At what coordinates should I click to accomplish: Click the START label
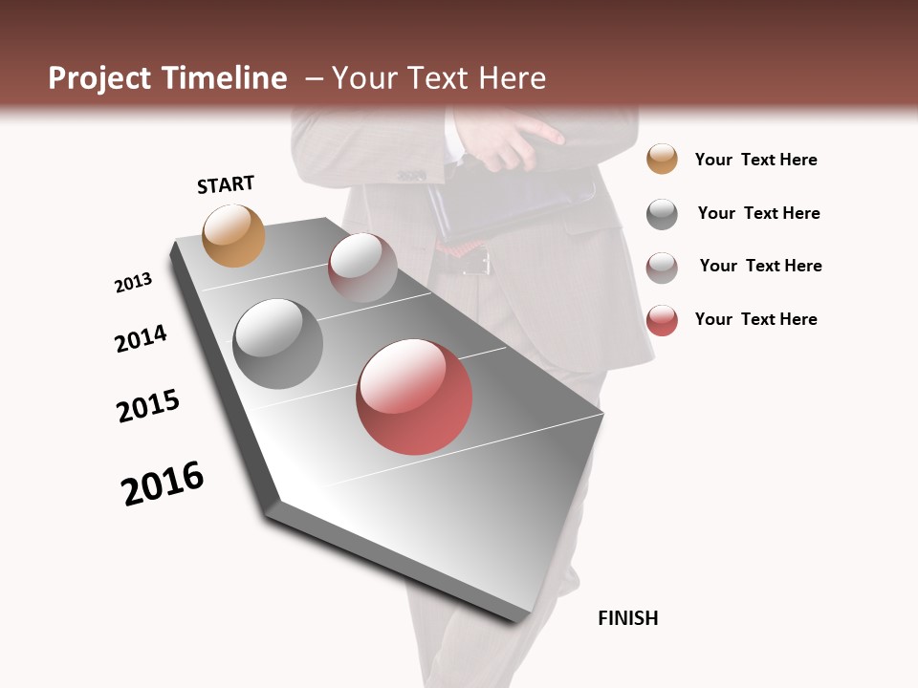coord(226,184)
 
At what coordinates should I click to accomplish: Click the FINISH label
coord(627,618)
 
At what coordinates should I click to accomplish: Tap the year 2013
coord(133,283)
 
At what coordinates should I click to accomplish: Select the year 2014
coord(141,338)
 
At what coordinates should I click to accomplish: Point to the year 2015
coord(148,405)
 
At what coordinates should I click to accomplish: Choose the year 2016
coord(163,484)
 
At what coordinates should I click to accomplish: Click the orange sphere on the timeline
coord(233,235)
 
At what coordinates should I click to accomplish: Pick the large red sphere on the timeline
coord(414,397)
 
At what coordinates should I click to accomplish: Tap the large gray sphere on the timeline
coord(278,343)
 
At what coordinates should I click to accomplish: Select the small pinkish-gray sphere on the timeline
coord(362,267)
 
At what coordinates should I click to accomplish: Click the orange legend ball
coord(662,159)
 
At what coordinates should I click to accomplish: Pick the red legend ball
coord(662,320)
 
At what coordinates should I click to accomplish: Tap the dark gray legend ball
coord(662,214)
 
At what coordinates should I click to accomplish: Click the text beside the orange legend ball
coord(755,160)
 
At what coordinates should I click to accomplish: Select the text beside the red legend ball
coord(755,319)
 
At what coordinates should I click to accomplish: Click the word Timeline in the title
coord(224,78)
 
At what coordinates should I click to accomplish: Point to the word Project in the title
coord(99,78)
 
